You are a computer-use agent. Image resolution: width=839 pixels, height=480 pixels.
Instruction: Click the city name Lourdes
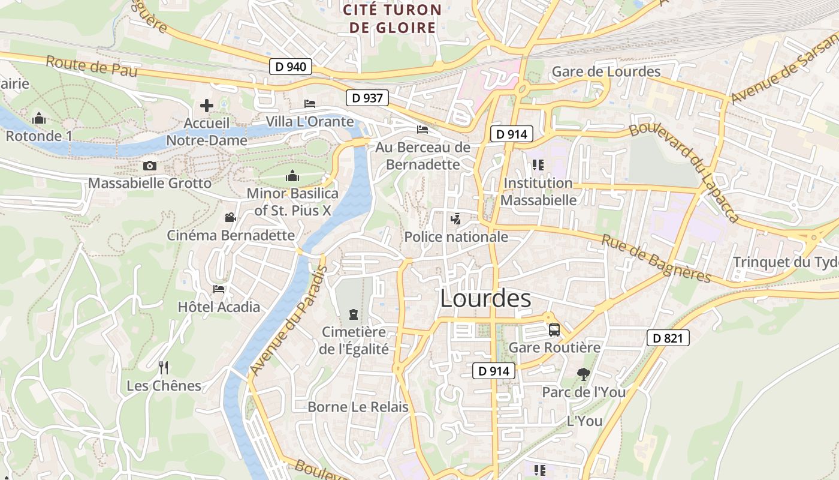pos(485,299)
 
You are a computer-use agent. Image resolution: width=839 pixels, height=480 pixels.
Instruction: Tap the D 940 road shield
pos(291,67)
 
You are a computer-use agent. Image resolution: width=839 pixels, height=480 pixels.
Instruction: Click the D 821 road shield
pos(668,338)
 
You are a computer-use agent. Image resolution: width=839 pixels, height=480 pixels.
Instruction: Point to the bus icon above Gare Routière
pos(554,329)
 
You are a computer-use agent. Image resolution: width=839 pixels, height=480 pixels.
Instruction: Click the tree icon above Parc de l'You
pos(583,374)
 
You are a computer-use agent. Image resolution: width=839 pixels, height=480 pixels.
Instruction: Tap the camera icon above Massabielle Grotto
pos(150,166)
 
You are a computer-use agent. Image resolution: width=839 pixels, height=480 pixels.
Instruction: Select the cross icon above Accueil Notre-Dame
pos(207,106)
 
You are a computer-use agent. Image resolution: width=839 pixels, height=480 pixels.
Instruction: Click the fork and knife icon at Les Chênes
pos(163,367)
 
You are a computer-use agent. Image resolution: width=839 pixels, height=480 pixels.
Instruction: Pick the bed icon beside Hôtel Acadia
pos(219,289)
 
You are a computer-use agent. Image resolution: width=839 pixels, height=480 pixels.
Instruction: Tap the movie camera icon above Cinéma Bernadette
pos(231,217)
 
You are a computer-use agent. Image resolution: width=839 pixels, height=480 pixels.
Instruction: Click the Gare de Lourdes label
pos(606,72)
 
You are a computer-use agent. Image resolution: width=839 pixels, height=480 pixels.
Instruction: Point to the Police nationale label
pos(456,237)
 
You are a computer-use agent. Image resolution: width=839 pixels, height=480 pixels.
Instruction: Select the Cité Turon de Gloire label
pos(393,19)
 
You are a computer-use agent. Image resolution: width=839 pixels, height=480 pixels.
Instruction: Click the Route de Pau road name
pos(91,66)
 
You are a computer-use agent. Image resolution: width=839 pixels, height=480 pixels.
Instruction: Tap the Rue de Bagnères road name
pos(656,258)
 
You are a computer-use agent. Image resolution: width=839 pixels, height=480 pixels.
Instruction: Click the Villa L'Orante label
pos(310,122)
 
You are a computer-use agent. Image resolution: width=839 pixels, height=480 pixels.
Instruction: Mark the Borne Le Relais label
pos(358,407)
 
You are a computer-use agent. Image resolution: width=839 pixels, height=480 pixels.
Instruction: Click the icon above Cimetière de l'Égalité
pos(354,314)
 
